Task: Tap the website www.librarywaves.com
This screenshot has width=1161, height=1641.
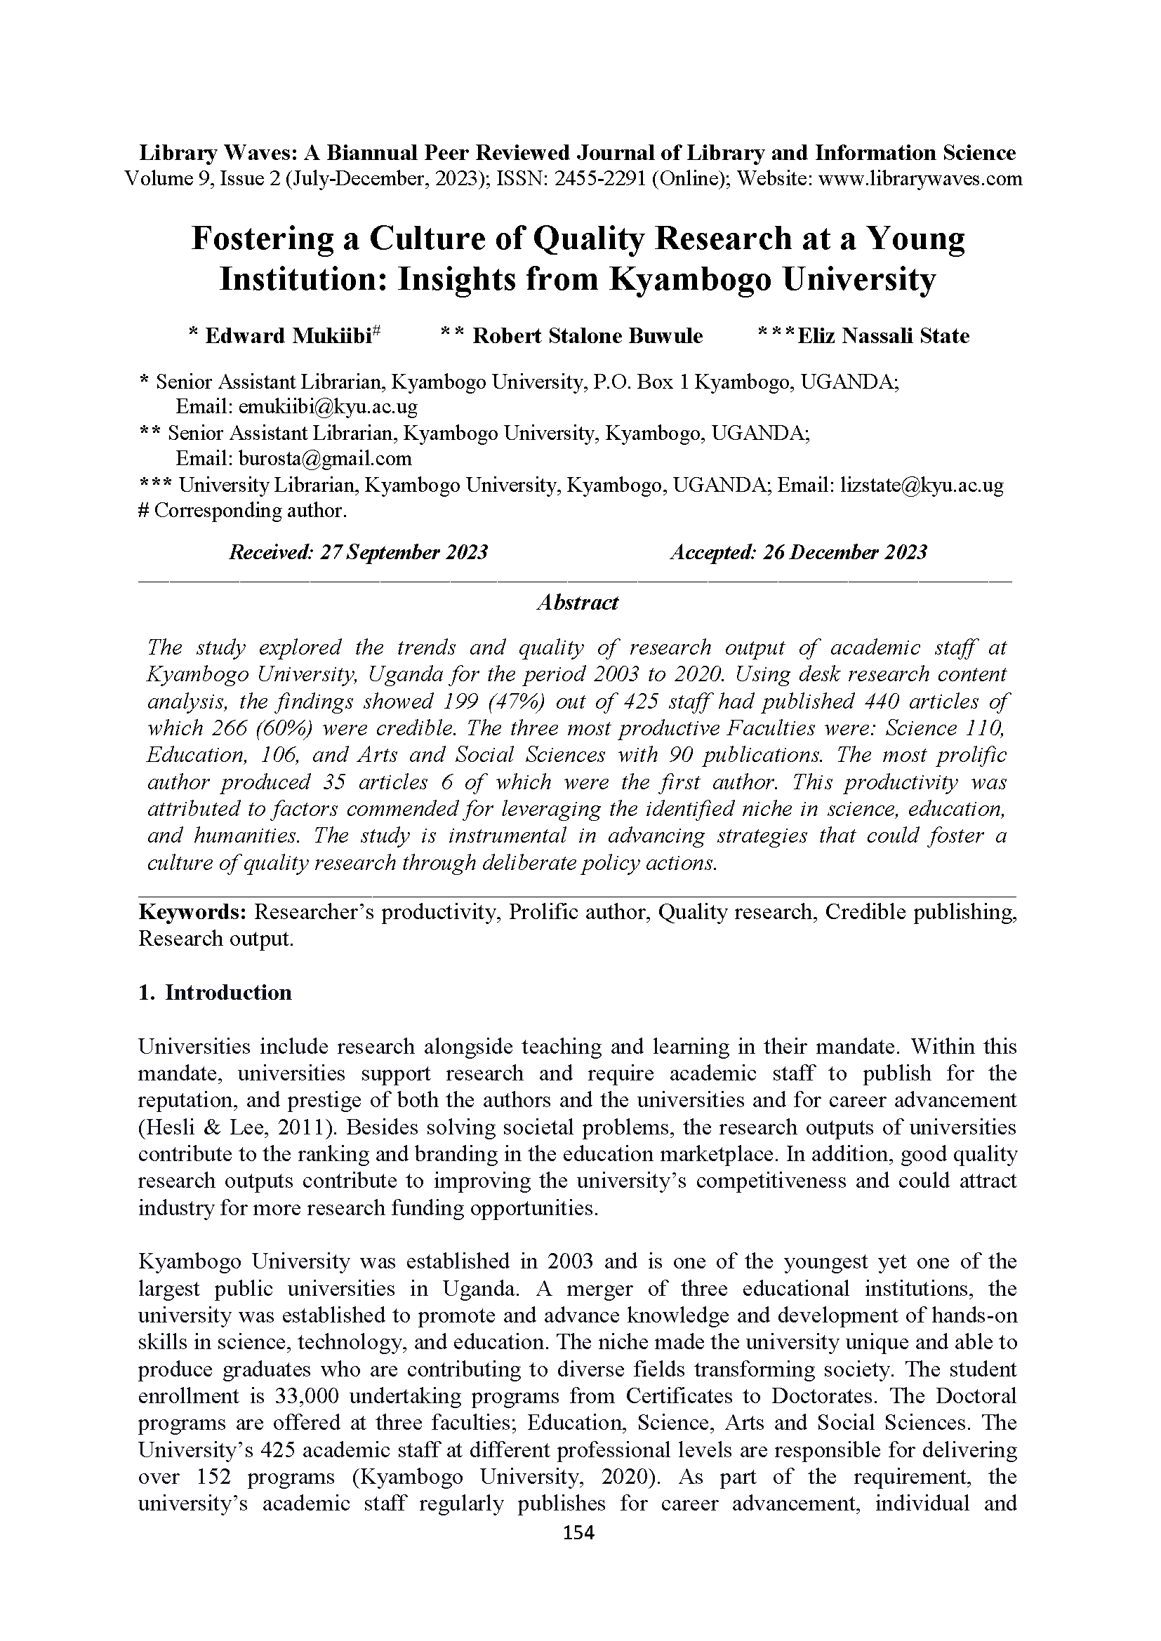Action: (x=920, y=179)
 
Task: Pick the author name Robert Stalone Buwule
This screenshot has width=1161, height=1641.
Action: (x=588, y=336)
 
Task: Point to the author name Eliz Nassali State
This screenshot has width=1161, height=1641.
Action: (x=883, y=336)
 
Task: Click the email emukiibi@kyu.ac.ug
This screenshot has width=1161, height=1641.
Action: (x=328, y=407)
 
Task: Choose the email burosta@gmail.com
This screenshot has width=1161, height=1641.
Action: (x=324, y=458)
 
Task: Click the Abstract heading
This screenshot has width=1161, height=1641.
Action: (x=578, y=603)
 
